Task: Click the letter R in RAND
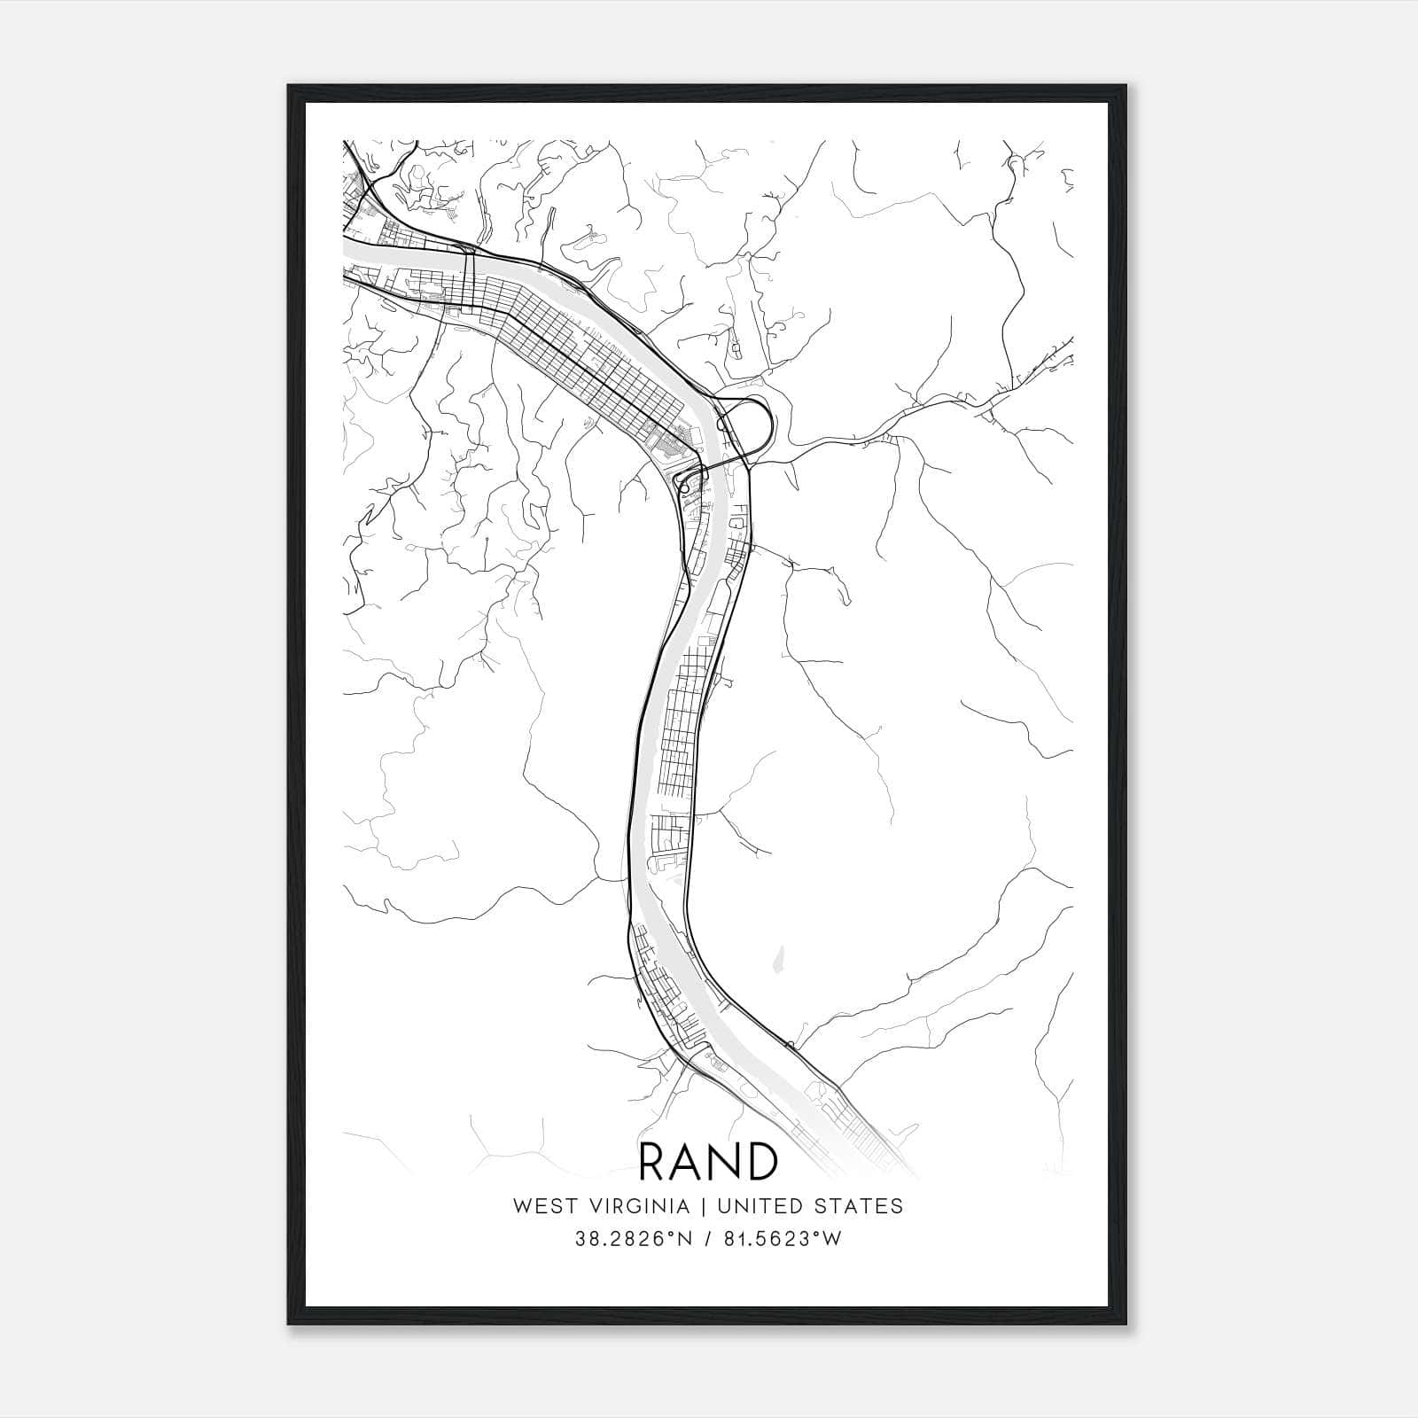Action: click(x=653, y=1162)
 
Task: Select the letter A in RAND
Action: click(x=687, y=1162)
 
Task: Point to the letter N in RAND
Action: click(x=725, y=1162)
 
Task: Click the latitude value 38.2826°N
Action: click(x=629, y=1240)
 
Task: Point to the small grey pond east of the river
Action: click(x=779, y=958)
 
